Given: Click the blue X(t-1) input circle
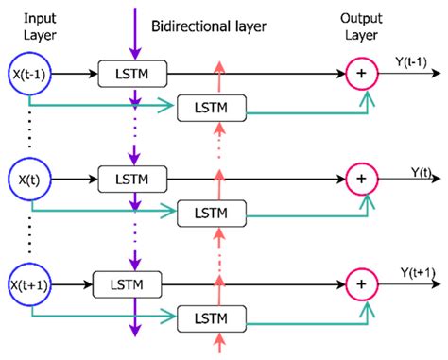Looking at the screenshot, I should point(30,72).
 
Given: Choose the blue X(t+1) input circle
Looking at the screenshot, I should point(30,282).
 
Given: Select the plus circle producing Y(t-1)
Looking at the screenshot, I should point(360,72).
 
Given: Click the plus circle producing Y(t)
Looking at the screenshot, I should point(360,177).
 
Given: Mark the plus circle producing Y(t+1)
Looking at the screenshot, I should point(360,282).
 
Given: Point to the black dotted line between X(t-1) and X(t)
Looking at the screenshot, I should point(30,125).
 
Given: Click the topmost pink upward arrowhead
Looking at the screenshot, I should point(219,64).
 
